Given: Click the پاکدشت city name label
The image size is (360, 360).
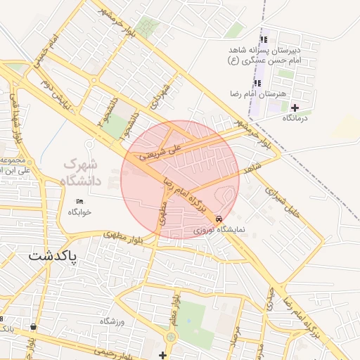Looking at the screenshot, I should (54, 257).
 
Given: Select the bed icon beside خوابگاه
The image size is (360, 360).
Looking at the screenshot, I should (79, 202).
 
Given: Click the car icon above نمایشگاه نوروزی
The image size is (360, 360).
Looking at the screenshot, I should (221, 219).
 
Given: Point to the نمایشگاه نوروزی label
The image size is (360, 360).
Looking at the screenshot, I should (217, 230).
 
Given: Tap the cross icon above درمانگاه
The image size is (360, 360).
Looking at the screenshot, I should (295, 108).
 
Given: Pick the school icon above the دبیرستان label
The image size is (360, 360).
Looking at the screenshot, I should (264, 39).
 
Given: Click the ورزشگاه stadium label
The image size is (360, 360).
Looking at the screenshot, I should (112, 321).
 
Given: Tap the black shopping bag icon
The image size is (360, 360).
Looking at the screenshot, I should (34, 327).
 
